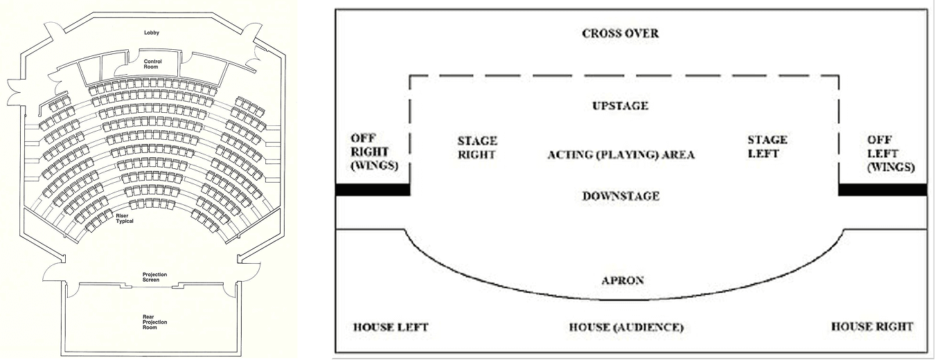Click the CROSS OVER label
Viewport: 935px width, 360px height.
point(621,33)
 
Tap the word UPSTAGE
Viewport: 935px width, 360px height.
point(621,106)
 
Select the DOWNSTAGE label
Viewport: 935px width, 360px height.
point(621,196)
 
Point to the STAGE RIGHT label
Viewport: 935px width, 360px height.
point(477,147)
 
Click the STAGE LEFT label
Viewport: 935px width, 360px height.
point(767,146)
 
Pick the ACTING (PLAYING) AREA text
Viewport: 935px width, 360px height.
point(621,154)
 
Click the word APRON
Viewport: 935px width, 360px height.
point(623,280)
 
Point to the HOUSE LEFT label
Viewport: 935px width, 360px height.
point(390,327)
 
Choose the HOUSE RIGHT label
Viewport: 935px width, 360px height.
point(872,326)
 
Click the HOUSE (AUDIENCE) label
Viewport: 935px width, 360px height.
point(626,327)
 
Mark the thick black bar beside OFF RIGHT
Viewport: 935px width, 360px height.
point(373,189)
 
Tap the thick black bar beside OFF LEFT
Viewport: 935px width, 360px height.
point(882,189)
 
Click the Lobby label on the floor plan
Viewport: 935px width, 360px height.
point(152,33)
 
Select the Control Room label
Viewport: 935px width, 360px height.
point(152,64)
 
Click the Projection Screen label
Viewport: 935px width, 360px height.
point(150,277)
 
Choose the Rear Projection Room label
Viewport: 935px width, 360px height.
point(150,322)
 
